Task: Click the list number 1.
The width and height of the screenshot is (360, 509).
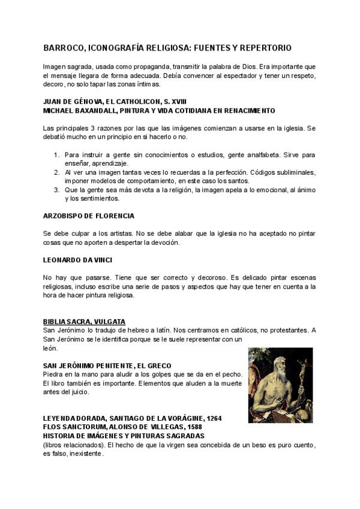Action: (x=57, y=155)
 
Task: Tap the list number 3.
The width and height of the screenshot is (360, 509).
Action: (x=57, y=190)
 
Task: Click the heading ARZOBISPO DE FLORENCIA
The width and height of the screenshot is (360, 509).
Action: (x=89, y=215)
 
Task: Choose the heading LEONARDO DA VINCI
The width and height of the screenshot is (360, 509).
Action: (x=79, y=260)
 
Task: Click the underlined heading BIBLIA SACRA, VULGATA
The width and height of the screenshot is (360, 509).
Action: (x=84, y=322)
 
